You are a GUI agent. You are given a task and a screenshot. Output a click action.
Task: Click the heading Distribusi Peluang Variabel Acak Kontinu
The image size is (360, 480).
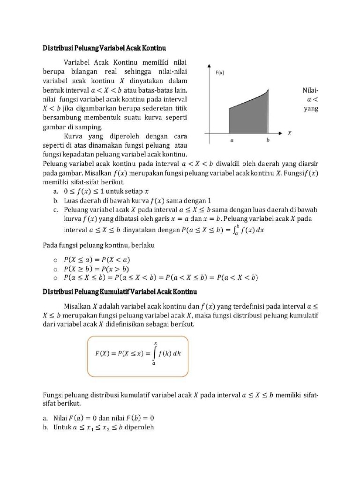[105, 48]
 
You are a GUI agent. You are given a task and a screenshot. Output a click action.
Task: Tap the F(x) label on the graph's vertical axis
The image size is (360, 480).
[220, 73]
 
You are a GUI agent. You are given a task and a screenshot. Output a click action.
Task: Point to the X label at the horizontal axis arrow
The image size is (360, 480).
[289, 133]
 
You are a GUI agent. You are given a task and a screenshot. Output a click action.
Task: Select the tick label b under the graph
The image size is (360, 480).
[268, 140]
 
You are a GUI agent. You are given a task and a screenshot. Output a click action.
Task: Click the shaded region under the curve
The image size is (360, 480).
[248, 117]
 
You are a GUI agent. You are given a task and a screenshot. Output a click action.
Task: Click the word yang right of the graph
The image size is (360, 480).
[310, 109]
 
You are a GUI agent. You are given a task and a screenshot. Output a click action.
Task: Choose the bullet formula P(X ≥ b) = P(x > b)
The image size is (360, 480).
[97, 268]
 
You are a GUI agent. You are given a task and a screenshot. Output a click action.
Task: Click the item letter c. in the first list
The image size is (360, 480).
[55, 209]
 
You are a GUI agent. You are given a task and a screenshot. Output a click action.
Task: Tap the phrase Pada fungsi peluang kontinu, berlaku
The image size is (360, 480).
[99, 245]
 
